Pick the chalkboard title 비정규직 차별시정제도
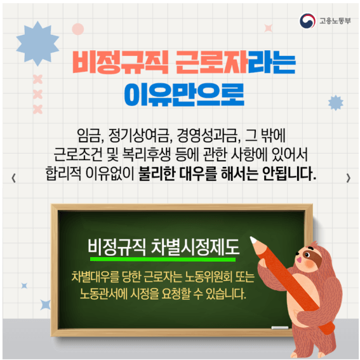tap(164, 246)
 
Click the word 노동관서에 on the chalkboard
tap(105, 295)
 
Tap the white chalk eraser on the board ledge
tap(279, 328)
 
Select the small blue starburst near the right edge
tap(335, 102)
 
